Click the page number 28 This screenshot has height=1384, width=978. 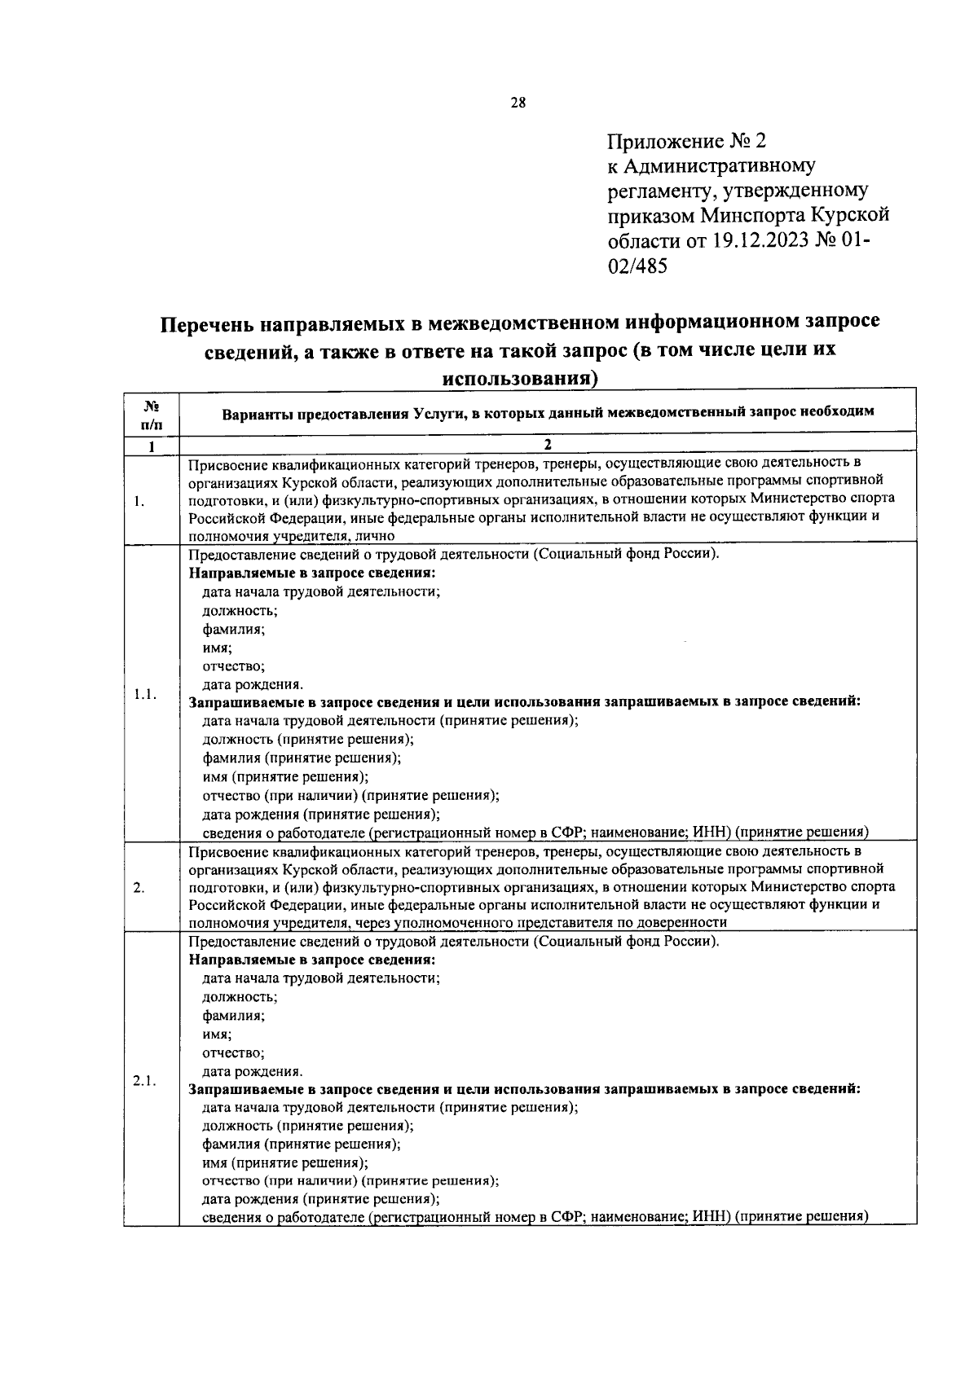click(518, 103)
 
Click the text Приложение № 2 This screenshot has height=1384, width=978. click(687, 142)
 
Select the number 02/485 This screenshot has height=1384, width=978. click(637, 266)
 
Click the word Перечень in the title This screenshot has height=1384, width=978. click(206, 323)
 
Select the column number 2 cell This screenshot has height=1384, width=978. click(548, 446)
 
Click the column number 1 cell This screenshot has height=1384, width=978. click(151, 446)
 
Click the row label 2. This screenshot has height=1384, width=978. click(139, 888)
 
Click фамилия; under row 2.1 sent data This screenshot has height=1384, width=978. click(233, 1016)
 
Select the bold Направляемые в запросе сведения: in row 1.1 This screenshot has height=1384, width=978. click(312, 573)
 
